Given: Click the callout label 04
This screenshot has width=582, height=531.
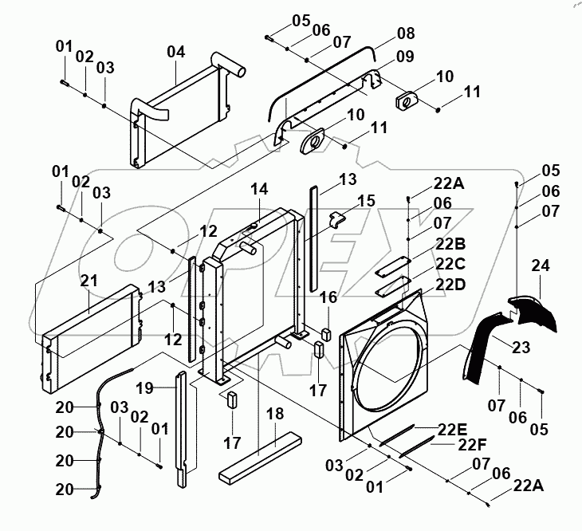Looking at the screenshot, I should point(175,52).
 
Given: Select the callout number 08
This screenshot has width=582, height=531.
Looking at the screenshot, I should point(406,34).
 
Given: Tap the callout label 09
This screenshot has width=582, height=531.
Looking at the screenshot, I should point(406,57).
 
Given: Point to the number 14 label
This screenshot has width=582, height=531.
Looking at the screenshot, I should point(260,189).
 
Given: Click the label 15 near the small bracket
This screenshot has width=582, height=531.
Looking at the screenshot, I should point(366,199).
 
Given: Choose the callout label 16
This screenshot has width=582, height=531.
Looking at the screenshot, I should point(328,297).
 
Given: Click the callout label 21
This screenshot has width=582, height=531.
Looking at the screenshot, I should point(88,280).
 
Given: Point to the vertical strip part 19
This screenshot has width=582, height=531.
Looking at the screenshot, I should point(183,431).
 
